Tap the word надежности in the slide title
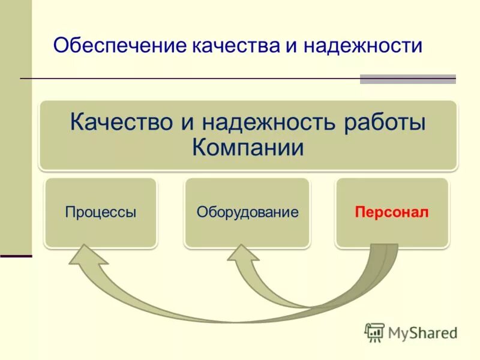pyautogui.click(x=363, y=47)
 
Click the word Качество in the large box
pyautogui.click(x=122, y=122)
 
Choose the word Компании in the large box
pyautogui.click(x=248, y=148)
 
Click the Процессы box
pyautogui.click(x=101, y=212)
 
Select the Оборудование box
pyautogui.click(x=247, y=212)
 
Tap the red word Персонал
pyautogui.click(x=392, y=212)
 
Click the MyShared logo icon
pyautogui.click(x=374, y=332)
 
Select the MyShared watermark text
pyautogui.click(x=422, y=332)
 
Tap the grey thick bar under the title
pyautogui.click(x=407, y=79)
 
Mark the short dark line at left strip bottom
pyautogui.click(x=16, y=256)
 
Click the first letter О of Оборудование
pyautogui.click(x=202, y=212)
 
